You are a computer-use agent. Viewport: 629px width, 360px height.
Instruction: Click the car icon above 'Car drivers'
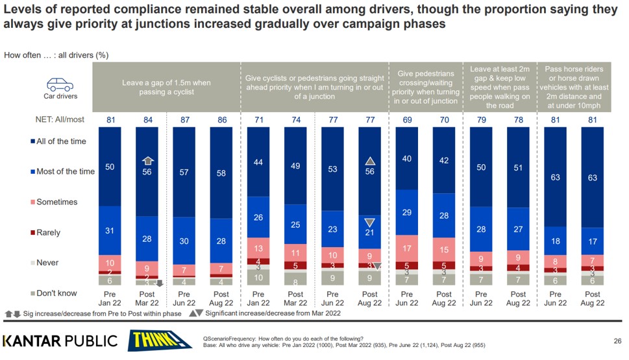click(x=59, y=84)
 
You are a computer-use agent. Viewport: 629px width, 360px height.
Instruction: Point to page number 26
click(x=617, y=341)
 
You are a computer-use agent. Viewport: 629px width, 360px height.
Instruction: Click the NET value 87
click(x=185, y=120)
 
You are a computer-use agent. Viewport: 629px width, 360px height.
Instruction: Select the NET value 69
click(x=407, y=120)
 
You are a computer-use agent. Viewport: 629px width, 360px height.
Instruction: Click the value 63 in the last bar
click(x=593, y=177)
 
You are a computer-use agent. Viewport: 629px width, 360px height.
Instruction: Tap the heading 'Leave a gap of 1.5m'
click(x=166, y=88)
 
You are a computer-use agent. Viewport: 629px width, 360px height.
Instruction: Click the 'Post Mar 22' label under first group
click(x=147, y=298)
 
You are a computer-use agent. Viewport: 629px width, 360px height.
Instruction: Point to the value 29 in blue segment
click(x=407, y=212)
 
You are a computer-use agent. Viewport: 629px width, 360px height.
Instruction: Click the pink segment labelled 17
click(x=407, y=248)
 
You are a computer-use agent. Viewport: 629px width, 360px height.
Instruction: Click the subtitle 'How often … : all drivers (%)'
click(x=56, y=55)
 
